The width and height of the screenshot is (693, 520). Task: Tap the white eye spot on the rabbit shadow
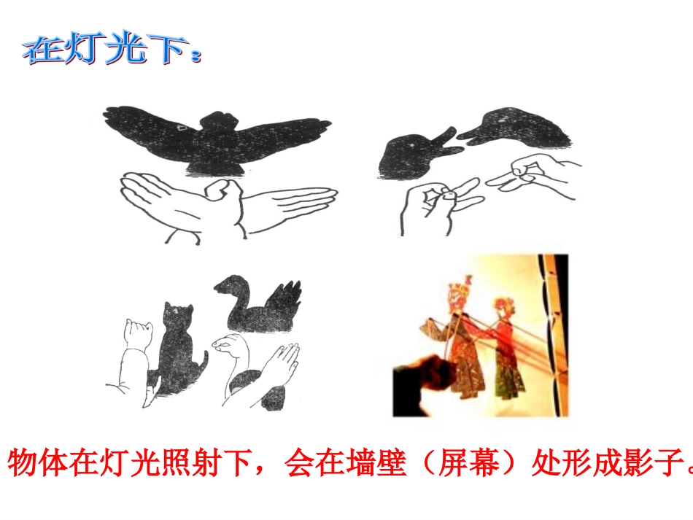click(416, 148)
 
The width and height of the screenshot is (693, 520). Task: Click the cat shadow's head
click(175, 317)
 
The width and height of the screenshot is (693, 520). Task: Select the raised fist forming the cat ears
click(139, 335)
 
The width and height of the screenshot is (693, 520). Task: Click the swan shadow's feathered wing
click(284, 299)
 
